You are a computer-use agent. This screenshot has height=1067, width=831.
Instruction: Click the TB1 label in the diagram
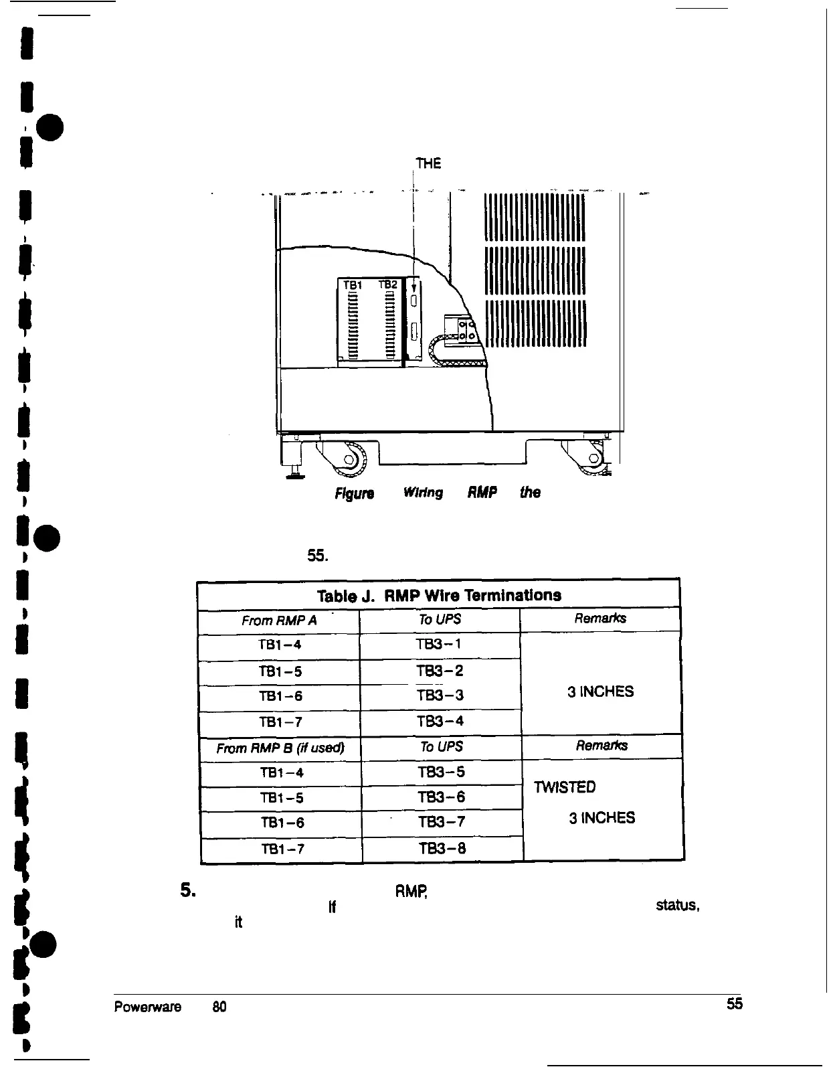pyautogui.click(x=352, y=285)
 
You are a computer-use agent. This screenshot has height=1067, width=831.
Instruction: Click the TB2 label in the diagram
pyautogui.click(x=388, y=284)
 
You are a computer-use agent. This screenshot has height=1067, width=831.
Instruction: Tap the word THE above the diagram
pyautogui.click(x=428, y=163)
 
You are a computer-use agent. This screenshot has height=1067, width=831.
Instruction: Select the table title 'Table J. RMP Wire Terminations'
pyautogui.click(x=439, y=595)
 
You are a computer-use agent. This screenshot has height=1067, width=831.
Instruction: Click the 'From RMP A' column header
pyautogui.click(x=279, y=621)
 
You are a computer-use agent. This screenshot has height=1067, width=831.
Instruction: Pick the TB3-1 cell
pyautogui.click(x=439, y=645)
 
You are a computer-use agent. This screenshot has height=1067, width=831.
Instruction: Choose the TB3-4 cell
pyautogui.click(x=440, y=721)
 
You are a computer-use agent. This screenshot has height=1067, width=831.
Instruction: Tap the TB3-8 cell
pyautogui.click(x=442, y=849)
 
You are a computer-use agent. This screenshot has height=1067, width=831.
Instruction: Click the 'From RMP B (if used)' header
pyautogui.click(x=280, y=747)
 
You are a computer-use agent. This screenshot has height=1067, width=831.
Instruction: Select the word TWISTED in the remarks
pyautogui.click(x=565, y=787)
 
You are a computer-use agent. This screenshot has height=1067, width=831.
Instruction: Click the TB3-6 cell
pyautogui.click(x=441, y=797)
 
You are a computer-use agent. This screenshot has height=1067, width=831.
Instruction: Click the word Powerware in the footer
pyautogui.click(x=148, y=1007)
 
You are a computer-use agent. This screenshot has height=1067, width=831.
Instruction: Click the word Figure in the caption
pyautogui.click(x=355, y=493)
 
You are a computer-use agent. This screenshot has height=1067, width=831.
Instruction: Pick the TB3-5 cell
pyautogui.click(x=441, y=772)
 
